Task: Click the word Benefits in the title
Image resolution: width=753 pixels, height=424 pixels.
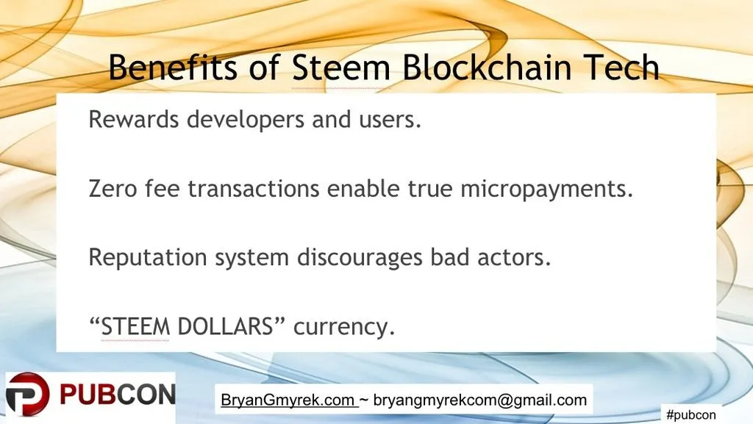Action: tap(173, 67)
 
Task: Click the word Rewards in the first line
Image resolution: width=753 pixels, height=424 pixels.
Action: tap(134, 119)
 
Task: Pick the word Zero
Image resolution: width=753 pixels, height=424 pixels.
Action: tap(113, 189)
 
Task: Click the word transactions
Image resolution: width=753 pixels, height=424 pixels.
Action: tap(254, 189)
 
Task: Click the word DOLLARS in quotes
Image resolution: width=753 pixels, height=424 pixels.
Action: tap(225, 326)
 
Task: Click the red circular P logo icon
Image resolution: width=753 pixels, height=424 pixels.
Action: tap(28, 395)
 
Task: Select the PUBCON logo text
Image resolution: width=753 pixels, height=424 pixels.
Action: tap(118, 395)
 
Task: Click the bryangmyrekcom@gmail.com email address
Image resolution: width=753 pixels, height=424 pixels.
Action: tap(479, 400)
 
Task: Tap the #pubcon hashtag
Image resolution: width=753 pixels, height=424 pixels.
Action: tap(691, 414)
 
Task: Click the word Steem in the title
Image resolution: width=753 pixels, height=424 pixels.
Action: tap(341, 67)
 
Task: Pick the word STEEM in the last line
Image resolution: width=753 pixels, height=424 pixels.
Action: tap(135, 326)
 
